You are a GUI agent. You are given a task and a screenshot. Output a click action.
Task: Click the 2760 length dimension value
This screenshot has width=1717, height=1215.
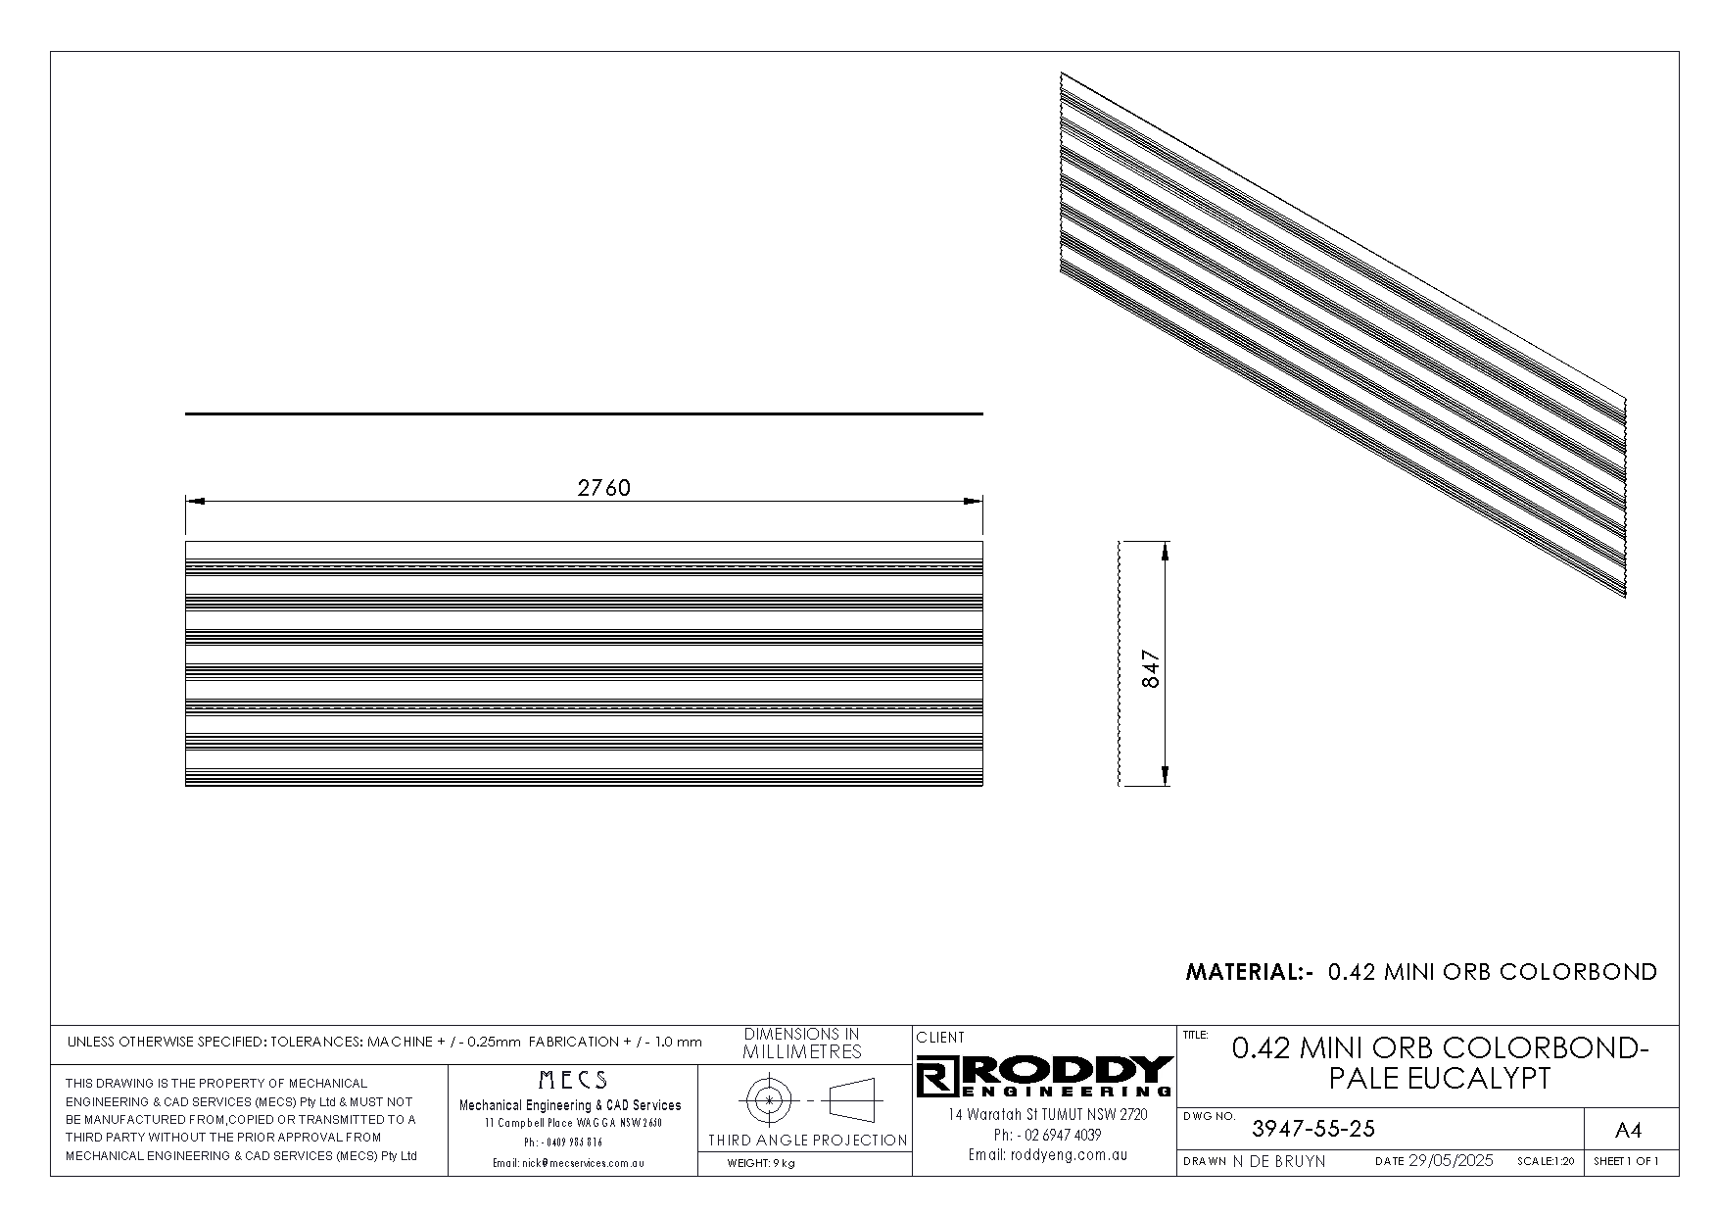coord(603,487)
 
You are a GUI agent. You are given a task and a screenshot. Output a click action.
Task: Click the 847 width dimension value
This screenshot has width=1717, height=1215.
coord(1151,669)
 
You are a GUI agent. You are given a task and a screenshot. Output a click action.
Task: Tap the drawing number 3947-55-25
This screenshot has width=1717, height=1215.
coord(1313,1129)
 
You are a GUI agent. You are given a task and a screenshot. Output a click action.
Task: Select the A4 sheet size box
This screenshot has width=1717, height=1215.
coord(1627,1131)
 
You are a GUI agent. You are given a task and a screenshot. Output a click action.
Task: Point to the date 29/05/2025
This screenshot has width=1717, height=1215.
coord(1451,1161)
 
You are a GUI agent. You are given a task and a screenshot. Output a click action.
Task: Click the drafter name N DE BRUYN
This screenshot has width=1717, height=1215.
coord(1278,1161)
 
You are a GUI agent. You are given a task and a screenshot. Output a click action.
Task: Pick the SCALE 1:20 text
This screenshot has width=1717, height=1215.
coord(1546,1162)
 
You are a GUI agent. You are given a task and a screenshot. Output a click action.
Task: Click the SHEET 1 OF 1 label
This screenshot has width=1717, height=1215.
coord(1627,1162)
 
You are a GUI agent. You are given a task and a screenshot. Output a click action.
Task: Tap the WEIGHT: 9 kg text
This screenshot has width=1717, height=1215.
coord(761,1164)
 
